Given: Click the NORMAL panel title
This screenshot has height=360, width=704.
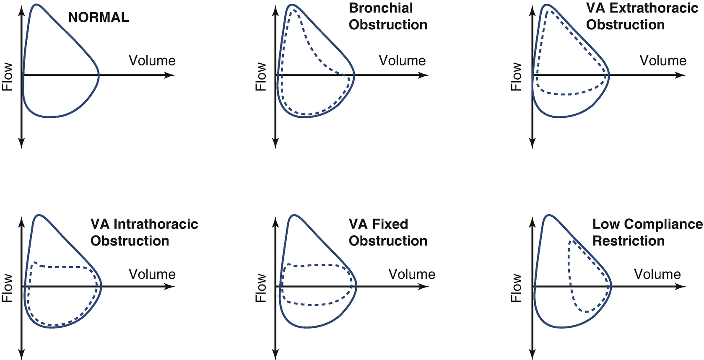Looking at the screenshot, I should [x=99, y=17].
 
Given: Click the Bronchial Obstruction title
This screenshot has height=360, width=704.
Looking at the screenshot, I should [x=388, y=16].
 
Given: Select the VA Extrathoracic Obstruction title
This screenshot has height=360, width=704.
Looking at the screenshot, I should [x=642, y=16].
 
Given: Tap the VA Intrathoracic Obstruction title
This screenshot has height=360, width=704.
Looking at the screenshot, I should [x=144, y=232].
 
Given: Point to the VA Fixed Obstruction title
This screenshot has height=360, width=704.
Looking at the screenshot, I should [x=388, y=232].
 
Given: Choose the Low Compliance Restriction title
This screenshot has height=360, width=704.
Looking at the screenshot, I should [x=647, y=232].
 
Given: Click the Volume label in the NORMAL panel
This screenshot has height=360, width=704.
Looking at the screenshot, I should [x=152, y=61].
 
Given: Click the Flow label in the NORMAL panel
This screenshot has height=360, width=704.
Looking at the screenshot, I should [x=8, y=77].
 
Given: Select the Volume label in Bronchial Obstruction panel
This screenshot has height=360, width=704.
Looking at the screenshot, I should [x=402, y=61].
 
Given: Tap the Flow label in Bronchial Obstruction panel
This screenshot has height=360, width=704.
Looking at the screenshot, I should [x=261, y=77].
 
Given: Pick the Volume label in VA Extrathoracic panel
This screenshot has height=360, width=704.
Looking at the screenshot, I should [x=662, y=61].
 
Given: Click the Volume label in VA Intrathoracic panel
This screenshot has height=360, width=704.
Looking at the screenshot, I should [x=152, y=274].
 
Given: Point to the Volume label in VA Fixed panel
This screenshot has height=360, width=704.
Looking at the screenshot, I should [x=412, y=274].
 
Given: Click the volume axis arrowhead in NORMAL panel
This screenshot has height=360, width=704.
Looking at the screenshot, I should [x=171, y=75].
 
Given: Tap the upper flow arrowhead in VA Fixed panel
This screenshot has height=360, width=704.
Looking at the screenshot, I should [x=275, y=220].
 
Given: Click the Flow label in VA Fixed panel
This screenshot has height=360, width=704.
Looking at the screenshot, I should [x=261, y=288].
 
